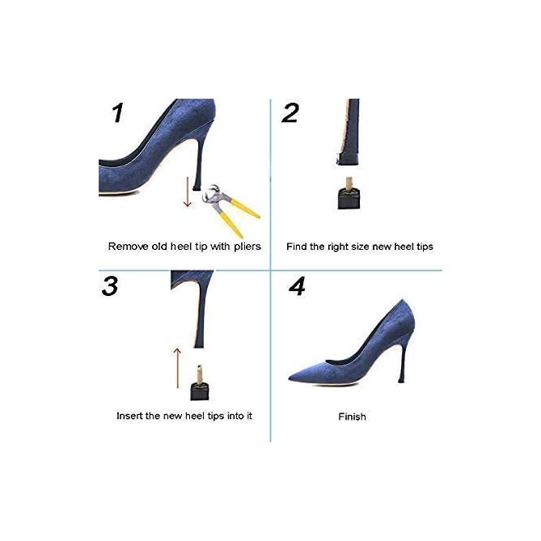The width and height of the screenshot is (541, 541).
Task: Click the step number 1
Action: (x=118, y=112)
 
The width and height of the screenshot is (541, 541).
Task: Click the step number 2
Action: (x=290, y=112)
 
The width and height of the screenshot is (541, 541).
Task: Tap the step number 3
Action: (x=110, y=286)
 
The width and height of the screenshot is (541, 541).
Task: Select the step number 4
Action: (x=298, y=286)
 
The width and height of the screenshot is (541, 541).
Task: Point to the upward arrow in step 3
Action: (x=176, y=367)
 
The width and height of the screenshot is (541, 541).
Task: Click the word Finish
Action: (x=352, y=416)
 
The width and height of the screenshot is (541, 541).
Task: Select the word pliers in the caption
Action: (x=245, y=246)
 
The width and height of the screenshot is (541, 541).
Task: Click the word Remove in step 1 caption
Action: (x=128, y=246)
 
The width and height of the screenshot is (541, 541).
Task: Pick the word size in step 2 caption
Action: (x=362, y=246)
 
